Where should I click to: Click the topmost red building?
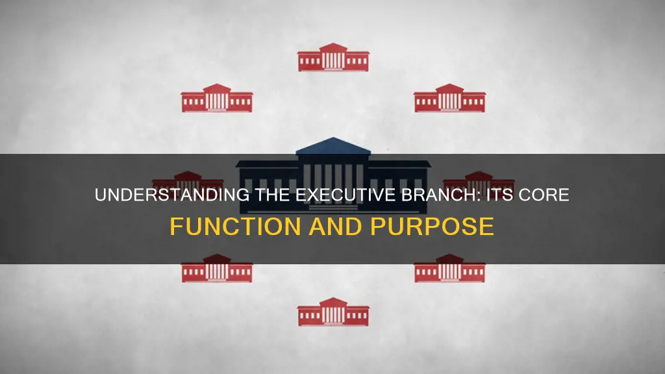pyautogui.click(x=333, y=57)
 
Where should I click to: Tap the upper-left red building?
pyautogui.click(x=216, y=98)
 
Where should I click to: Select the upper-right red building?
pyautogui.click(x=449, y=98)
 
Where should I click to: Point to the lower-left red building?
pyautogui.click(x=216, y=268)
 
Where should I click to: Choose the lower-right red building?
pyautogui.click(x=449, y=268)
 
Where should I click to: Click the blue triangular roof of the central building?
pyautogui.click(x=333, y=146)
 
